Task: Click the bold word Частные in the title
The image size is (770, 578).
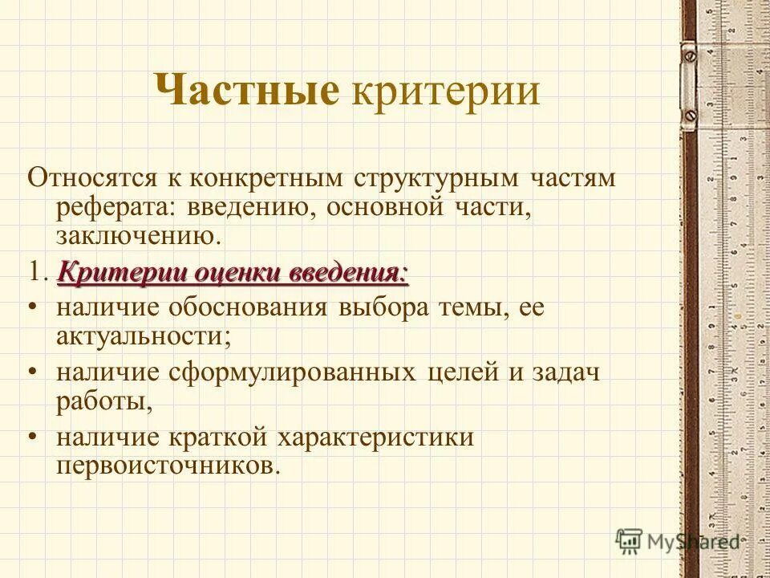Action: [246, 91]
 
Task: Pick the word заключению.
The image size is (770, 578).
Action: [137, 238]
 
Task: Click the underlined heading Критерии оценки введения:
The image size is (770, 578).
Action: [233, 273]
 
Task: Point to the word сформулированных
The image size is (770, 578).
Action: [292, 374]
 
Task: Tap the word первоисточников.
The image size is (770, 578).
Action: [168, 467]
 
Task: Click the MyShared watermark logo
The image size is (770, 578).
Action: [678, 540]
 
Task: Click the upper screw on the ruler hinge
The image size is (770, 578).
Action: [688, 55]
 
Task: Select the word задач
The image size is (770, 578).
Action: [566, 374]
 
